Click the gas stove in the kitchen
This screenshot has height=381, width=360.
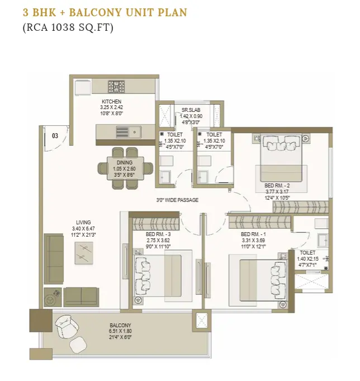(x=116, y=87)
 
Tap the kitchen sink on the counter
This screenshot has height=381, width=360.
(x=129, y=132)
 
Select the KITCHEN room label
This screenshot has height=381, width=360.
(x=111, y=102)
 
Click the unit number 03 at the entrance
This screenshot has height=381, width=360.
(x=55, y=136)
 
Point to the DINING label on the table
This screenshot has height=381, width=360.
(x=125, y=162)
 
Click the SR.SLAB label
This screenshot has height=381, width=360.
(x=191, y=110)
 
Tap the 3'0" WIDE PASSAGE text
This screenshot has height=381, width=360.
(x=177, y=200)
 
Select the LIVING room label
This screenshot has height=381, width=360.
(x=83, y=222)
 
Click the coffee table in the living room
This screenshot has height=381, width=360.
(x=84, y=253)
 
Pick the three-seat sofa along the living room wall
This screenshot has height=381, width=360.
(x=54, y=259)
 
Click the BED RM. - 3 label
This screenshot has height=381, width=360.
(x=158, y=234)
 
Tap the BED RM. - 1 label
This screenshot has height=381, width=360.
(x=253, y=234)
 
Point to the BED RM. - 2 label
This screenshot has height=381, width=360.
(x=277, y=186)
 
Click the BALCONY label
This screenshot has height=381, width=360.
(x=120, y=325)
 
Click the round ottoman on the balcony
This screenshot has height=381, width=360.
(x=78, y=345)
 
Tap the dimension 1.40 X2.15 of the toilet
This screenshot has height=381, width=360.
(x=307, y=259)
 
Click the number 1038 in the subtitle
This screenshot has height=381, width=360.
(x=63, y=27)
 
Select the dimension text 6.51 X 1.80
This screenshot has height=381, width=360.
(x=120, y=331)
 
